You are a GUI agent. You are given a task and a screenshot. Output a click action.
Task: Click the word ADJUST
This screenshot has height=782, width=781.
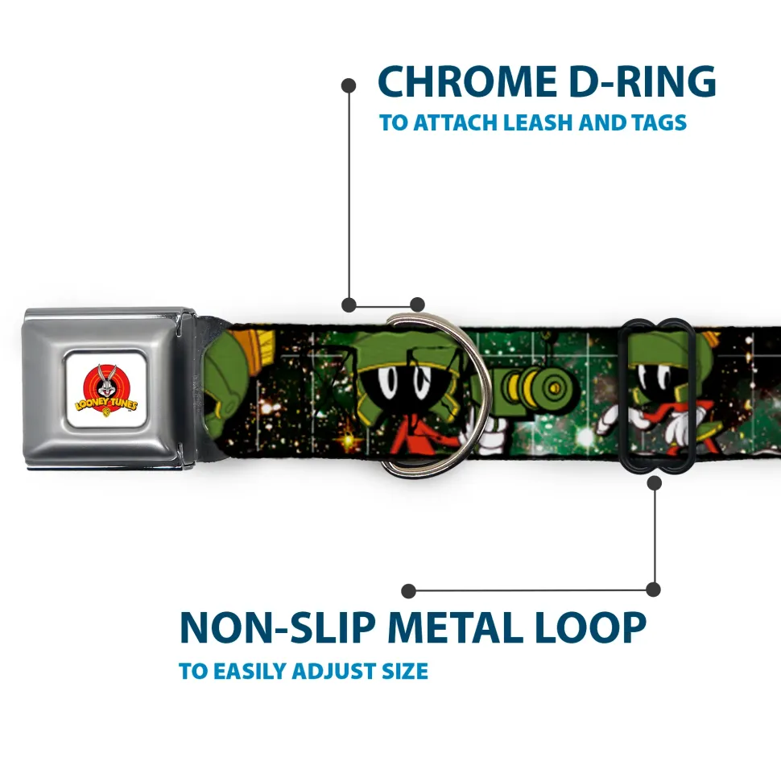[340, 671]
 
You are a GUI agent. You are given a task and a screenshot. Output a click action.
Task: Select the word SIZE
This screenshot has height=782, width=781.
[403, 671]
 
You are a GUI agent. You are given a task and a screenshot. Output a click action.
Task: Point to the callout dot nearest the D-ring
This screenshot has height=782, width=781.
[416, 304]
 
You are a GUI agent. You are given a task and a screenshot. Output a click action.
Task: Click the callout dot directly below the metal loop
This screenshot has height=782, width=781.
[654, 483]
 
